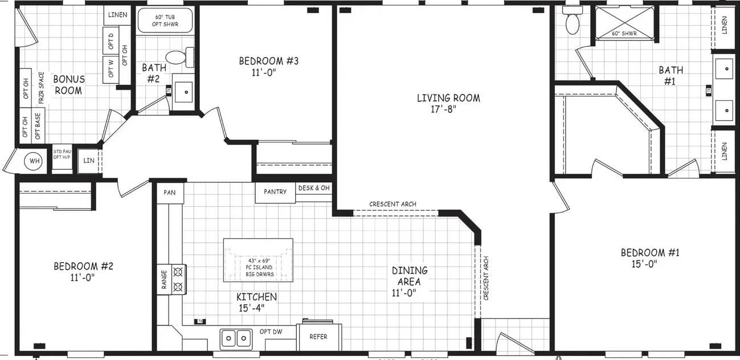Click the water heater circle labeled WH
(35, 161)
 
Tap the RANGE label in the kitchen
(164, 280)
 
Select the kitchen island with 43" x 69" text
(258, 260)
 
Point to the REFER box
(318, 337)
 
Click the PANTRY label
(275, 192)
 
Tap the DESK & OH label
(314, 188)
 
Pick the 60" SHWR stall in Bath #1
(624, 23)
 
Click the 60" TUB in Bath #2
(166, 21)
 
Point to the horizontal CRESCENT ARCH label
(393, 204)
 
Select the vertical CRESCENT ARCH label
(486, 279)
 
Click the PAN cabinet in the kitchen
(169, 193)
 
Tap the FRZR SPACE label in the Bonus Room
(41, 88)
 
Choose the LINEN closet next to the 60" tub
(118, 15)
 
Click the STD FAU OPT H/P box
(62, 154)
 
